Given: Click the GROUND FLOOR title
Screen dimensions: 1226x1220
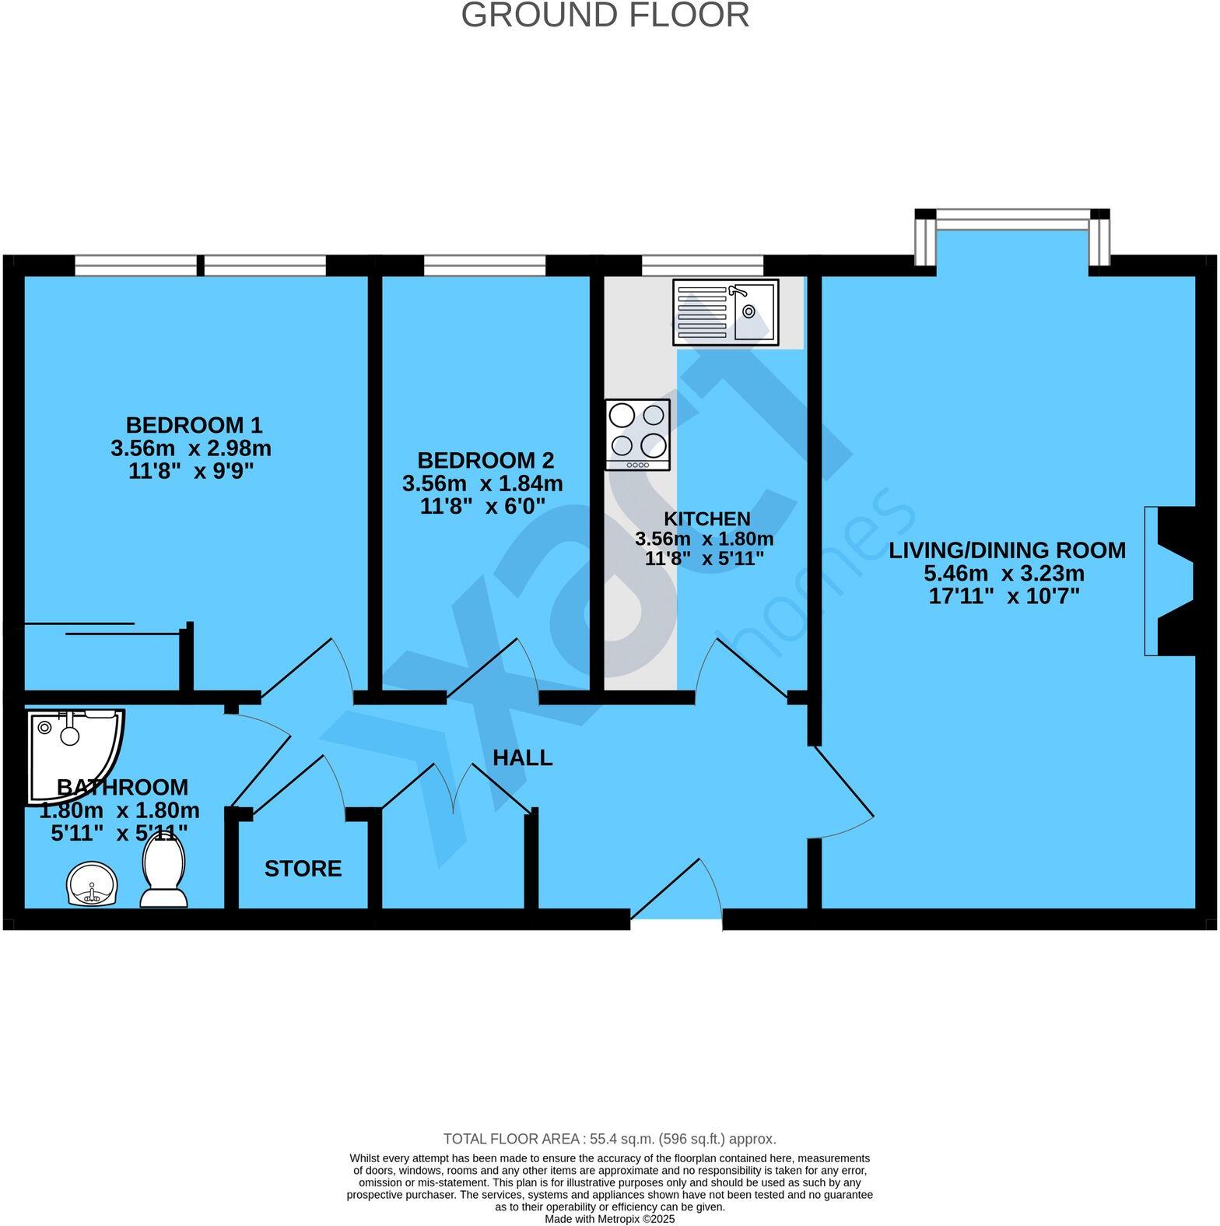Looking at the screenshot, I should (x=605, y=16).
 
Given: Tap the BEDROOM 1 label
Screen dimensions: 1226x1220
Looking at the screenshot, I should (x=194, y=425).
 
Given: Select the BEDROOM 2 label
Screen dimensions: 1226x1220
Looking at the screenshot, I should (x=486, y=460).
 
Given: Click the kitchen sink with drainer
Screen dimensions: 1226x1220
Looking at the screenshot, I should (x=725, y=311).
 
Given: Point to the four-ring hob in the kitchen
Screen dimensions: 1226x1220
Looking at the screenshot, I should (x=637, y=434).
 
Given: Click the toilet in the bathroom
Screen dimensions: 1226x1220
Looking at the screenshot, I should (x=164, y=875).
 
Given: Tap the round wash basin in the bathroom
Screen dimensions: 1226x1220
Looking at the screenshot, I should (x=92, y=884).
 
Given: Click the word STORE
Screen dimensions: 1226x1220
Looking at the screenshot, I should (x=303, y=869).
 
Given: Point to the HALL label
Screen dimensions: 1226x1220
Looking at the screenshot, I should (x=522, y=757).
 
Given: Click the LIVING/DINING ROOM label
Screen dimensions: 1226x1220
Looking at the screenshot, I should (x=1007, y=550).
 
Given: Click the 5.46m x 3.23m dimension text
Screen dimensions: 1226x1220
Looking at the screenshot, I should (x=1004, y=574).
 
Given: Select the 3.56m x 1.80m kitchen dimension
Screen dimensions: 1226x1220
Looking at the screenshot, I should (x=704, y=539).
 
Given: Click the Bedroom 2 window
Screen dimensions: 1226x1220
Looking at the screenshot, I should (x=485, y=265).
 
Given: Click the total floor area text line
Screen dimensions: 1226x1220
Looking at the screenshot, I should (x=609, y=1139).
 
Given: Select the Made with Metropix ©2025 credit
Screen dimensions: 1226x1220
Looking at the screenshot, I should (x=609, y=1219).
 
